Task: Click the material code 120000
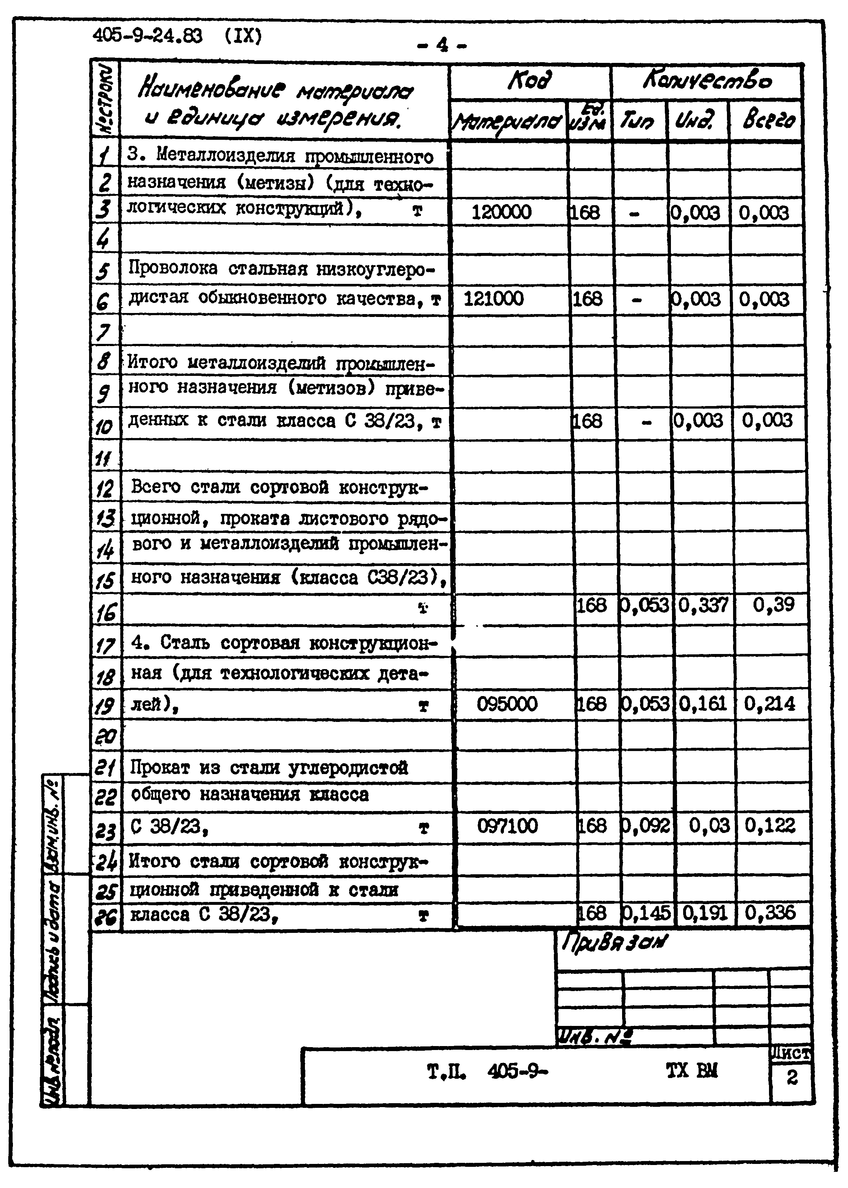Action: pyautogui.click(x=501, y=212)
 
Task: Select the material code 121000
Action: pyautogui.click(x=493, y=299)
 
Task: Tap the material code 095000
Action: pyautogui.click(x=506, y=704)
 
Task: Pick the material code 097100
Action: pyautogui.click(x=507, y=826)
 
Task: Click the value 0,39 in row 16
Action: pyautogui.click(x=773, y=605)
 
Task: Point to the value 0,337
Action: pyautogui.click(x=703, y=605)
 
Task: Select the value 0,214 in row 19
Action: pyautogui.click(x=769, y=704)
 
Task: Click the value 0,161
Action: pyautogui.click(x=703, y=704)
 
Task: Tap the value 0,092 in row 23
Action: pyautogui.click(x=645, y=826)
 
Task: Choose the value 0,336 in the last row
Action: pyautogui.click(x=770, y=913)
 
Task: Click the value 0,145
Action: pyautogui.click(x=646, y=913)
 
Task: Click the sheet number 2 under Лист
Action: pyautogui.click(x=792, y=1077)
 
